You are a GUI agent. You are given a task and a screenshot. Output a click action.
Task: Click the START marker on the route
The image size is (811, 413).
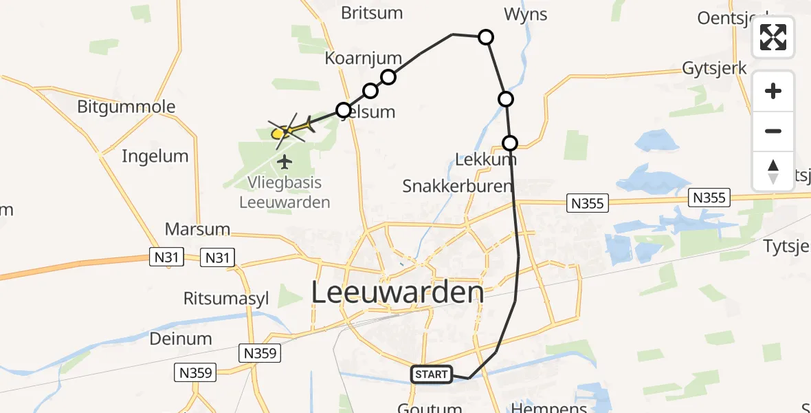432,374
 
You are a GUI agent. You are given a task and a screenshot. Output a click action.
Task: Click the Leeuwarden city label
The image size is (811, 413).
398,293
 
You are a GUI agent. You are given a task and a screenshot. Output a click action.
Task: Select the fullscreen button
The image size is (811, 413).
773,37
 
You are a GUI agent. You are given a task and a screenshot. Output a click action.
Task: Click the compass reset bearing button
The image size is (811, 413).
773,171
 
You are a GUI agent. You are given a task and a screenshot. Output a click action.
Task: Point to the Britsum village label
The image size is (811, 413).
372,12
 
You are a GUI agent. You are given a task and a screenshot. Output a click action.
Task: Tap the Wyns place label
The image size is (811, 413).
525,14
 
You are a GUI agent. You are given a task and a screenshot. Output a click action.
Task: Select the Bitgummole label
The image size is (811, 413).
126,107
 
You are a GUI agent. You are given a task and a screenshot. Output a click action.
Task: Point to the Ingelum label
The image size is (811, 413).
155,156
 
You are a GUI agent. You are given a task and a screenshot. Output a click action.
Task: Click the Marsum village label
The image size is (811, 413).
197,229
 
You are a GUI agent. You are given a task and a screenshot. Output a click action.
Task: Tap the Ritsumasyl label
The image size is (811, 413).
226,298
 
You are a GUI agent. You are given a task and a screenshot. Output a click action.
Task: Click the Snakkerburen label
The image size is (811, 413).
457,186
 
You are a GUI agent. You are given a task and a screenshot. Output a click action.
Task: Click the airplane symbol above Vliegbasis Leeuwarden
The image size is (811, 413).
285,162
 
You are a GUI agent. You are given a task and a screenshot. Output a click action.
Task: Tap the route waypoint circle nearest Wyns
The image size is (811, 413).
485,37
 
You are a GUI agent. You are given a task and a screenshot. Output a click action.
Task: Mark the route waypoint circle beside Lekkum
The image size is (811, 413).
510,143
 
